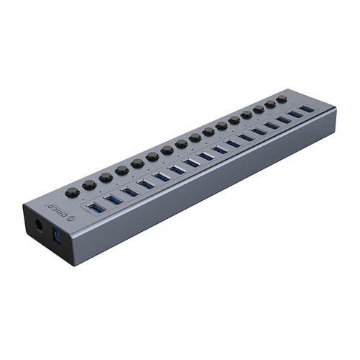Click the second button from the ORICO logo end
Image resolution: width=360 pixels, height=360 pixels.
pos(89,185)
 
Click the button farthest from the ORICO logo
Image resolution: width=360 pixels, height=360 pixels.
pos(282,99)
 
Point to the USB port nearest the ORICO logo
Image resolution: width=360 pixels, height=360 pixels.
pos(96,208)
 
